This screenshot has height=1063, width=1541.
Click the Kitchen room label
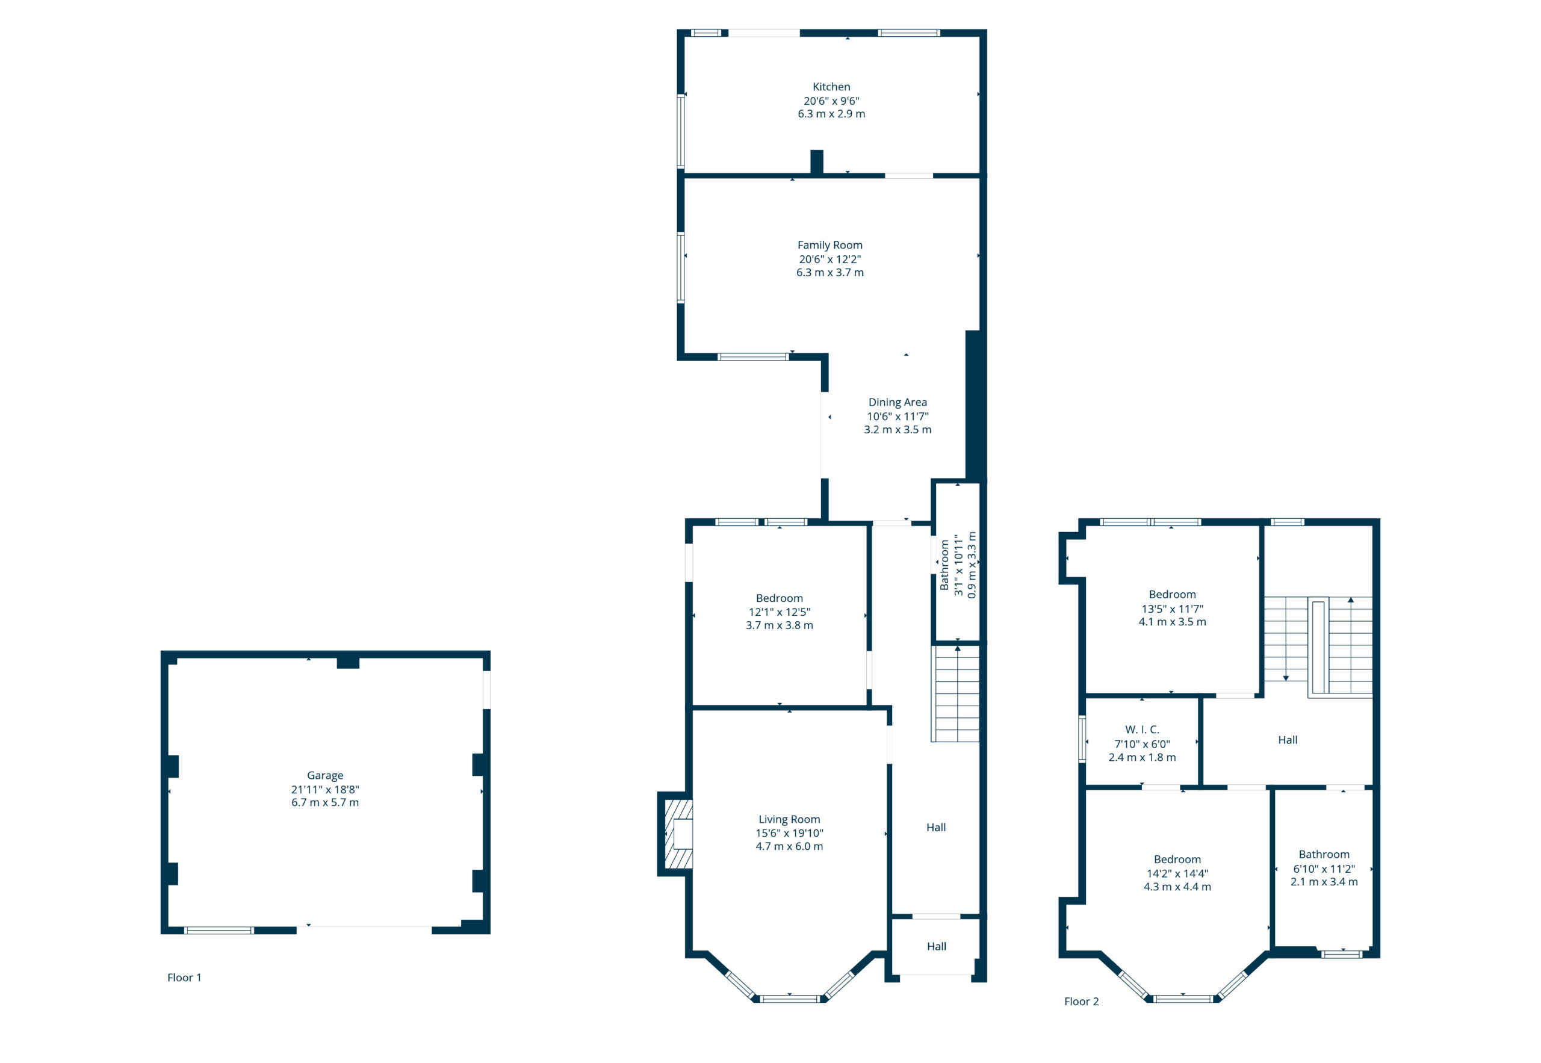click(831, 87)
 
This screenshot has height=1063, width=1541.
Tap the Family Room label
click(829, 245)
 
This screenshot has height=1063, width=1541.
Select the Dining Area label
click(897, 402)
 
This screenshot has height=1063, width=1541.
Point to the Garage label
click(325, 775)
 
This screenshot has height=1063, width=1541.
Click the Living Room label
click(789, 819)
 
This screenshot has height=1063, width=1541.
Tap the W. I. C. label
click(1142, 730)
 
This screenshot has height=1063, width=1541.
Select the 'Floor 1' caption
click(184, 977)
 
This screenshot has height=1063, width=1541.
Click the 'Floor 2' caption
click(1082, 1001)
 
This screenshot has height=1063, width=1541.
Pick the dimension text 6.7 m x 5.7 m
click(325, 802)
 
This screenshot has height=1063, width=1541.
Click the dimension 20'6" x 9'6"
click(831, 101)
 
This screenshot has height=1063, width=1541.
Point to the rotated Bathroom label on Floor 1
click(944, 565)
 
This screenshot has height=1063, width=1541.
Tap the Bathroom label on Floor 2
click(1324, 854)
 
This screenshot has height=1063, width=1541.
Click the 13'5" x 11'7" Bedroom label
click(1172, 594)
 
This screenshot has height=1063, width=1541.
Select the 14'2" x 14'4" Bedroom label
click(1177, 859)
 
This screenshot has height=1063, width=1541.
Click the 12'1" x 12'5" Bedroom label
click(779, 598)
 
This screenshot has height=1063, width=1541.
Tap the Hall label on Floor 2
click(1287, 740)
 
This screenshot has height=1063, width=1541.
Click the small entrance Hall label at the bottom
click(936, 946)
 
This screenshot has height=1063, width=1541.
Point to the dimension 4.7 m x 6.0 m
click(789, 846)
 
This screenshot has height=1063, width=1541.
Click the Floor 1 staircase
click(956, 693)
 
